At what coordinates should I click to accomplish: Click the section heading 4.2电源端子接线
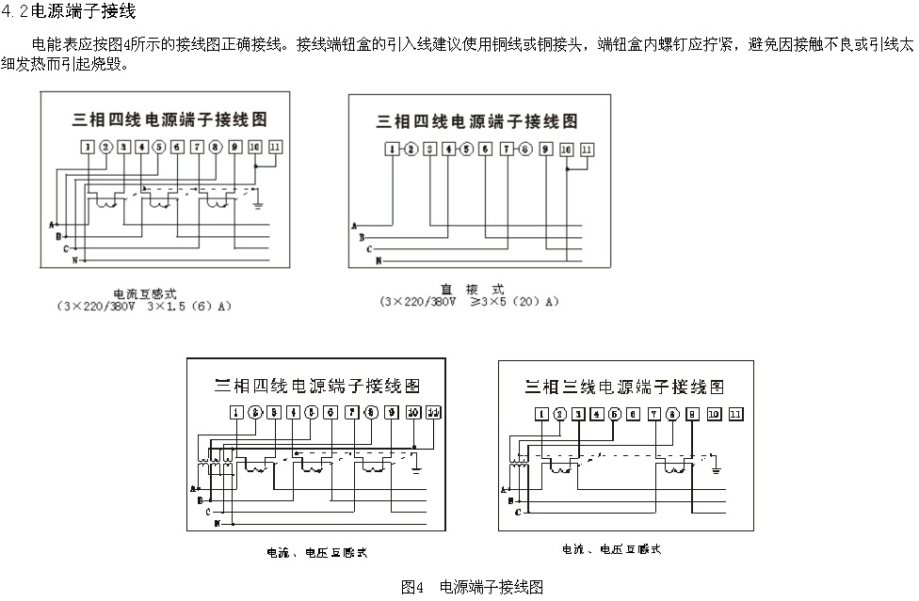[x=71, y=12]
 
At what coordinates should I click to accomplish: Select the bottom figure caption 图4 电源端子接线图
[x=472, y=587]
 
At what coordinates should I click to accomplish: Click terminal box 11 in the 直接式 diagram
[x=587, y=149]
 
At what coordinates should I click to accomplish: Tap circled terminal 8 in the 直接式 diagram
[x=525, y=149]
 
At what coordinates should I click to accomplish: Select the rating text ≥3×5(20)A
[x=514, y=302]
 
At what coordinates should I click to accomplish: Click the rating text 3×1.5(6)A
[x=188, y=307]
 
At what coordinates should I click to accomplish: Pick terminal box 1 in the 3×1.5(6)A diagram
[x=88, y=147]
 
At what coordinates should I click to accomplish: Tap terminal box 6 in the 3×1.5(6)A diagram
[x=177, y=147]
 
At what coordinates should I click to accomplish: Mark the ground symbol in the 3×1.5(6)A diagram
[x=259, y=203]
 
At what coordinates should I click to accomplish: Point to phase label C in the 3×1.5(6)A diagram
[x=66, y=248]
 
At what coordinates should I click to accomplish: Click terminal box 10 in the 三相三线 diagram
[x=714, y=414]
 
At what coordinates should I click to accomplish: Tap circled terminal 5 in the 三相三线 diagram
[x=615, y=414]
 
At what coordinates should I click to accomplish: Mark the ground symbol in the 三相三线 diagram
[x=717, y=465]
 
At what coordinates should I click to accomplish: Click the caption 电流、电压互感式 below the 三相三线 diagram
[x=611, y=548]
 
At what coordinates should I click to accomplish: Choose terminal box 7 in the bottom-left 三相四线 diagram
[x=351, y=413]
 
